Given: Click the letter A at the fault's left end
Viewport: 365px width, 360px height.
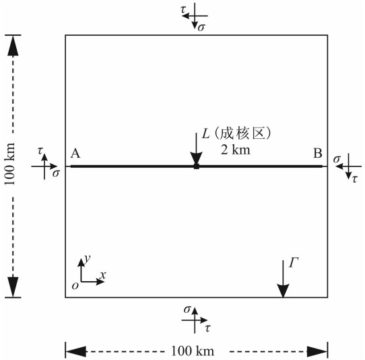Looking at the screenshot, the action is tap(75, 154).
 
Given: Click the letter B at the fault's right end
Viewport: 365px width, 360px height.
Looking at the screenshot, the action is tap(318, 153).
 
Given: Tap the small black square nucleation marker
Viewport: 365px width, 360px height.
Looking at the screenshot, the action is tap(197, 167).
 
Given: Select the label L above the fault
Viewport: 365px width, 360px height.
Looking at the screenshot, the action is tap(205, 134).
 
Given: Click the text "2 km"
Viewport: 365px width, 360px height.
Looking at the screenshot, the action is tap(236, 150).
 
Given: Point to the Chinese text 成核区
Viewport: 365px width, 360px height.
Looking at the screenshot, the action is tap(242, 134).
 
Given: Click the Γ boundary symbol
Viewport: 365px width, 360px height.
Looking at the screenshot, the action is tap(294, 263).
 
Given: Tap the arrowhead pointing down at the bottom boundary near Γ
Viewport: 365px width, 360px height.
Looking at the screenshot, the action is tap(283, 291).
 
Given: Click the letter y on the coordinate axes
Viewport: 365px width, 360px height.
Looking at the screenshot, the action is tap(87, 258).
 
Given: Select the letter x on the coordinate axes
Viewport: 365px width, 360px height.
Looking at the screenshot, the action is tap(102, 275).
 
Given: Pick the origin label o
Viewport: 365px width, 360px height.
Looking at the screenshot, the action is tap(75, 285).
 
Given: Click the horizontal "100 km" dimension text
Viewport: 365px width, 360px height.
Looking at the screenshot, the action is tap(193, 351).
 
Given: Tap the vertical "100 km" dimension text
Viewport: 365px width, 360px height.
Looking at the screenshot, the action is tap(10, 164).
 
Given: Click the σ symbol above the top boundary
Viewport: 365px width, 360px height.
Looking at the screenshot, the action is tap(201, 27).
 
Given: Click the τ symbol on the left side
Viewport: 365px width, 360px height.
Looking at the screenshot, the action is tap(40, 151).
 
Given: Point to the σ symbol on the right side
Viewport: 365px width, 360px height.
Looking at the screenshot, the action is tap(337, 159).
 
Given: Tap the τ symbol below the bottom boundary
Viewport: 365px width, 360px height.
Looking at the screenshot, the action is tap(207, 328).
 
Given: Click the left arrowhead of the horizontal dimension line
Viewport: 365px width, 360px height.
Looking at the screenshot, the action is tap(76, 351).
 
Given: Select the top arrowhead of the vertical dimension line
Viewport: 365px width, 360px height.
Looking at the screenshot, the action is tap(13, 46).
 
